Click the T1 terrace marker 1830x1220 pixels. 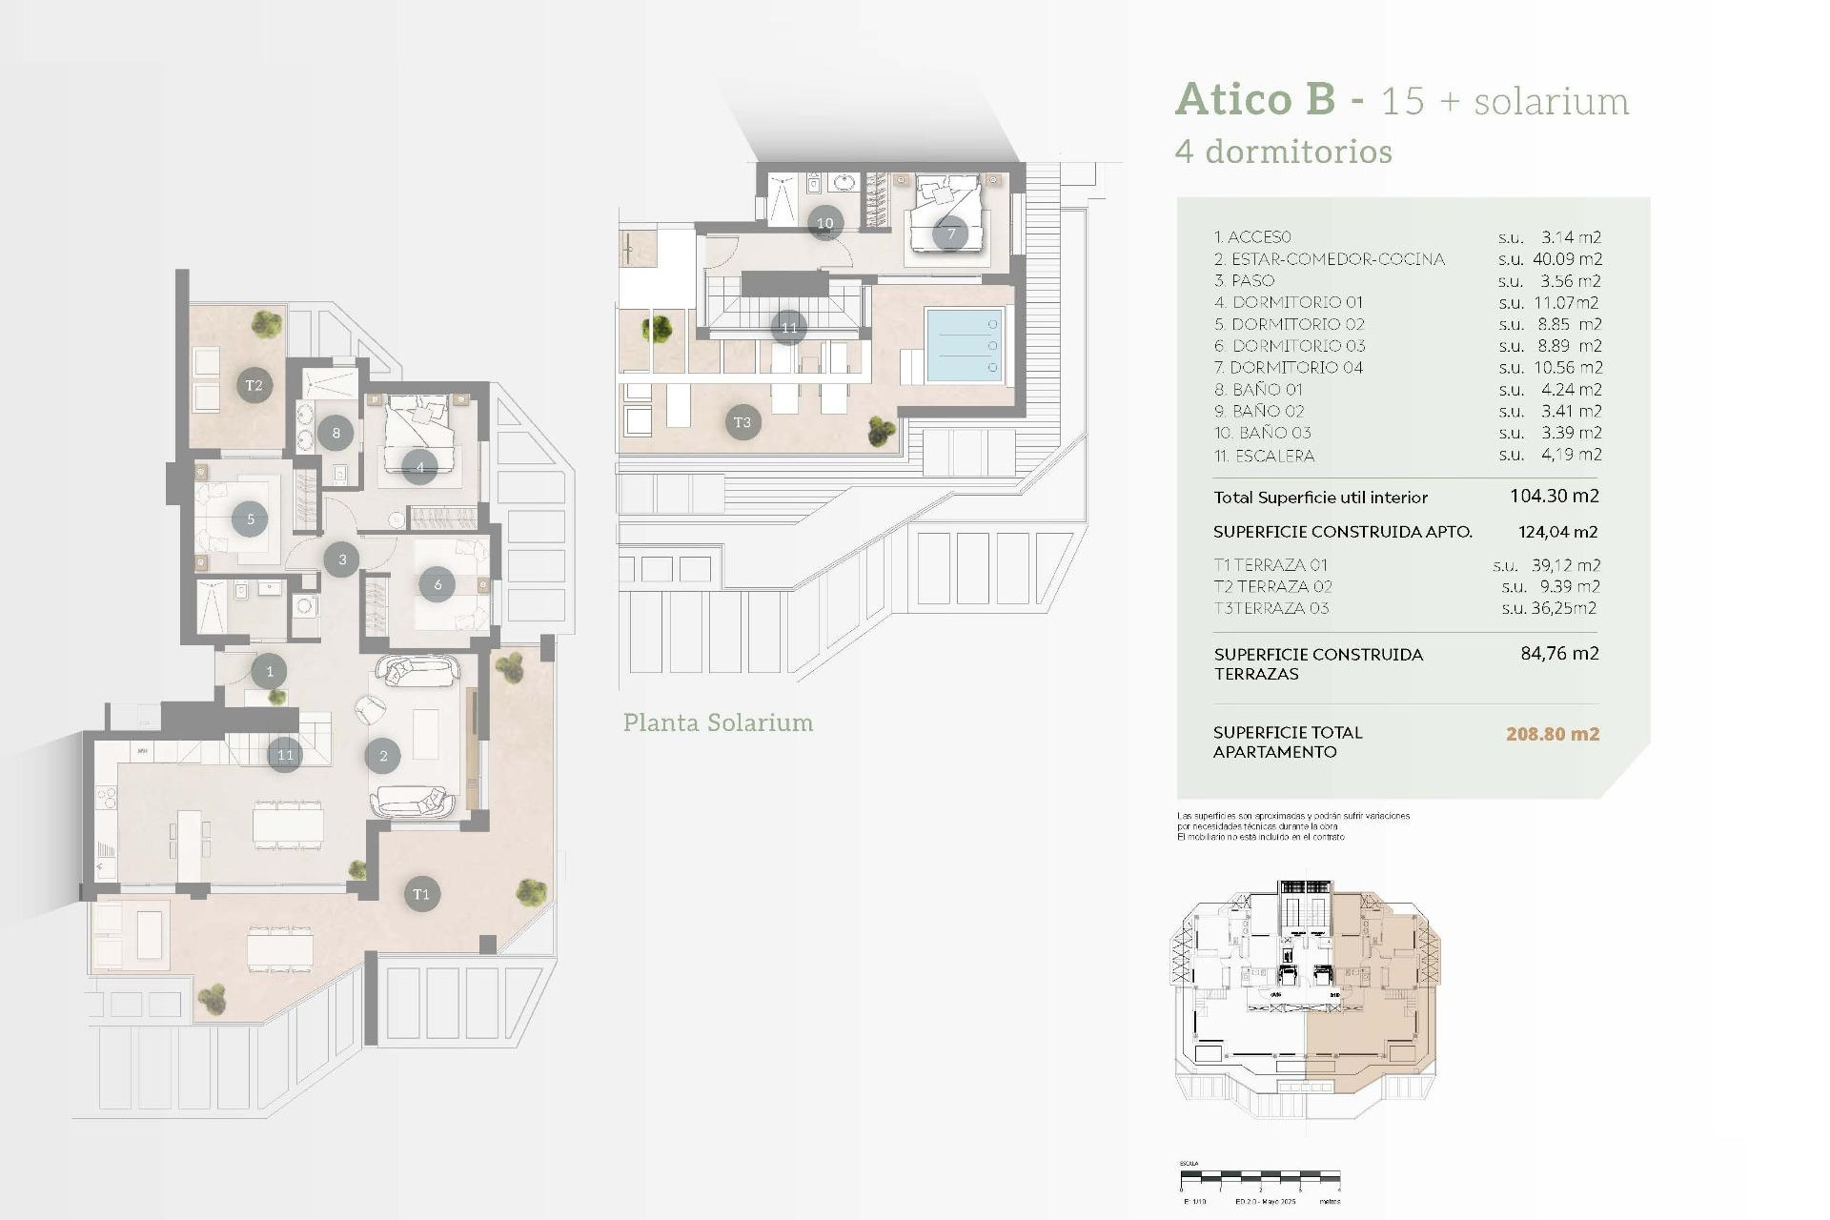tap(421, 894)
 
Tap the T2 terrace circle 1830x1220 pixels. tap(254, 385)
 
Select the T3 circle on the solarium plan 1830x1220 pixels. tap(742, 422)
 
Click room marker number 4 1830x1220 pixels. tap(419, 467)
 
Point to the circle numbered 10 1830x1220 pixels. tap(825, 223)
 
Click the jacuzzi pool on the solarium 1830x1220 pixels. tap(964, 345)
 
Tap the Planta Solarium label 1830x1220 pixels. tap(718, 722)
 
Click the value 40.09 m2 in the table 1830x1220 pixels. tap(1567, 259)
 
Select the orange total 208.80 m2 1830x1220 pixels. tap(1552, 734)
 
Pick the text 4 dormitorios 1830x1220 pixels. tap(1283, 152)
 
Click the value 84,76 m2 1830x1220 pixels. tap(1559, 654)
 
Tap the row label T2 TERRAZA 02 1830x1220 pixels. tap(1272, 587)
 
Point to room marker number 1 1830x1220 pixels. tap(270, 671)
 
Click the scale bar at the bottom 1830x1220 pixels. tap(1259, 1178)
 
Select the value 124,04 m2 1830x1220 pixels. tap(1557, 532)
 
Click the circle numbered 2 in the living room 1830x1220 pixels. tap(383, 756)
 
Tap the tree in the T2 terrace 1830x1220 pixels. tap(267, 324)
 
